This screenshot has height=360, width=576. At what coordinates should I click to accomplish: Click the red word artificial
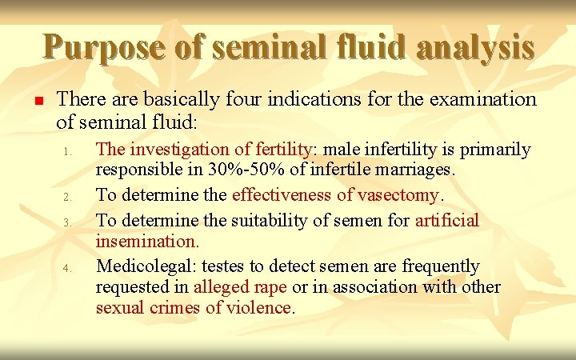[447, 220]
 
